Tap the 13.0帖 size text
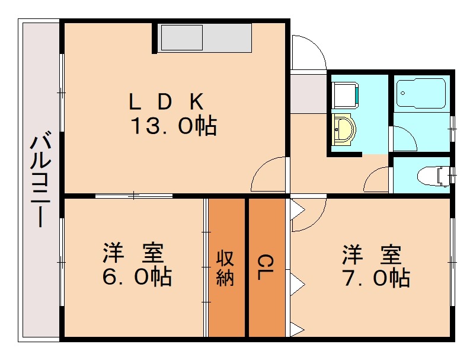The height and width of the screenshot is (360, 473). pos(173,126)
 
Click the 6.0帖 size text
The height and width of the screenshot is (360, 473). pos(137,276)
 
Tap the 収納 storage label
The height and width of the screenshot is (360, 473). pos(225,268)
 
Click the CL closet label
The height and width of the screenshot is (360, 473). pos(266,268)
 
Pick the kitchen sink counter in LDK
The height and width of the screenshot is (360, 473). pos(205,38)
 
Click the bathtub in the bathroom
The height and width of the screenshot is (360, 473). pos(420,93)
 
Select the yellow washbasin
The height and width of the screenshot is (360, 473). pos(343,129)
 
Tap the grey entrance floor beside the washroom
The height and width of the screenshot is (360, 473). pos(308,92)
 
